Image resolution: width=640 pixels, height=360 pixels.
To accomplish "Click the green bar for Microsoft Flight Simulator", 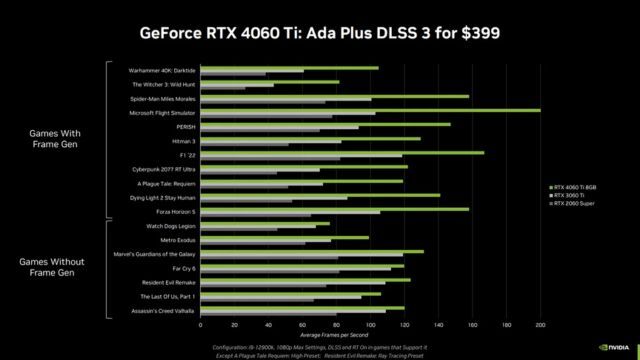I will coord(370,110).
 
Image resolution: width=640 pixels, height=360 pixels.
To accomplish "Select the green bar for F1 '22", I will coord(342,153).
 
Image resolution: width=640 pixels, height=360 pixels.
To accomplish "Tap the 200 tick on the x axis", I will coord(541,325).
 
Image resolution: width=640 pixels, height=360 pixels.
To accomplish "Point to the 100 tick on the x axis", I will coord(371,325).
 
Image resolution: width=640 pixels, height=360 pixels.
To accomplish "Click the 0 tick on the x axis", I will coord(201,325).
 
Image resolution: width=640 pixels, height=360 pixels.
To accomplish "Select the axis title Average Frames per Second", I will coord(370,334).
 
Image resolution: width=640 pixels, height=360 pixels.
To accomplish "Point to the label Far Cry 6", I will coord(181,269).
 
